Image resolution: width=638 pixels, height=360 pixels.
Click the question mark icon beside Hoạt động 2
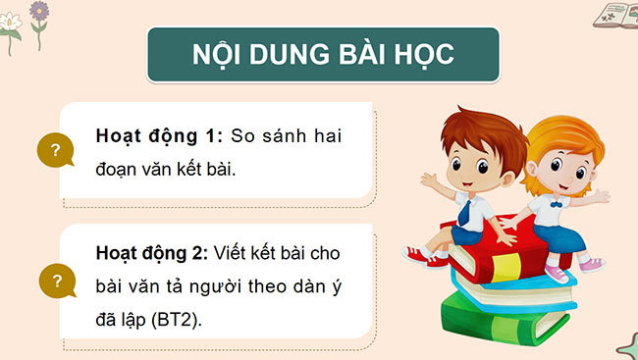(56, 283)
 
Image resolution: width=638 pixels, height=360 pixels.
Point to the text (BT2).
(177, 319)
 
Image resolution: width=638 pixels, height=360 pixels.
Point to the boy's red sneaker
(416, 257)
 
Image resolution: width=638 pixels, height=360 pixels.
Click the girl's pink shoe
(590, 264)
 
